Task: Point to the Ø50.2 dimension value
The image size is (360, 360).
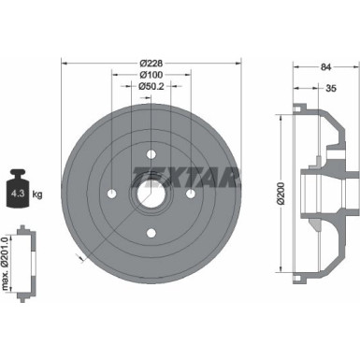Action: [x=151, y=87]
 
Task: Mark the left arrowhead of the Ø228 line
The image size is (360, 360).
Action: [x=65, y=63]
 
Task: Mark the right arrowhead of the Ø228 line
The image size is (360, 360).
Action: [x=237, y=63]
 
